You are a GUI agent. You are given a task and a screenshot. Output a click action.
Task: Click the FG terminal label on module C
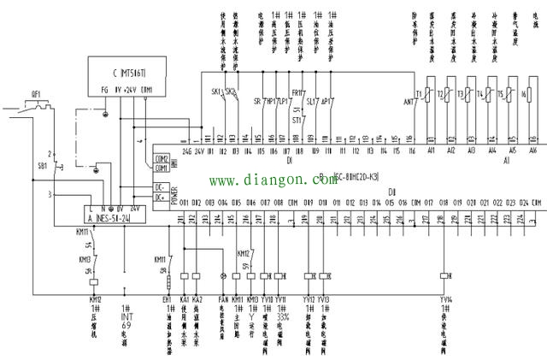click(105, 89)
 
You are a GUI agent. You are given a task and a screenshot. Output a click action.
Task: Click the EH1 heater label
click(168, 299)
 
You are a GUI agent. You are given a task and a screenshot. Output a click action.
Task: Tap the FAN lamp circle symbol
click(224, 275)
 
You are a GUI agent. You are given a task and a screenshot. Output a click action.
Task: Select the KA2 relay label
click(197, 299)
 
